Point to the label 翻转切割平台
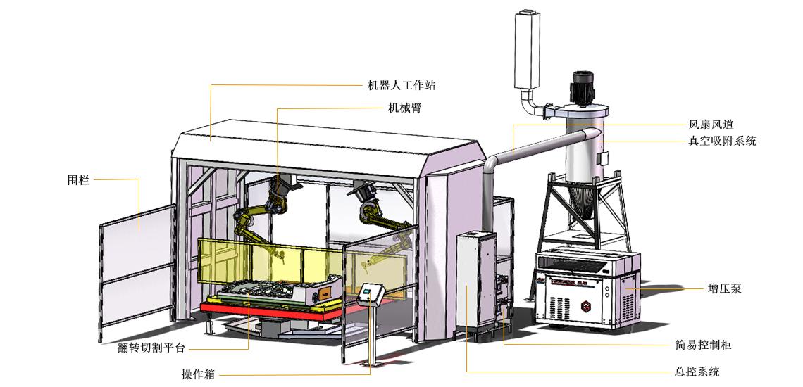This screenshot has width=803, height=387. point(151,348)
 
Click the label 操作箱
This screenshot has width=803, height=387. point(198,375)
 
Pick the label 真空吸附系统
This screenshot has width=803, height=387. point(722,141)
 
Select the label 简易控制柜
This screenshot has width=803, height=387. point(703,345)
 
